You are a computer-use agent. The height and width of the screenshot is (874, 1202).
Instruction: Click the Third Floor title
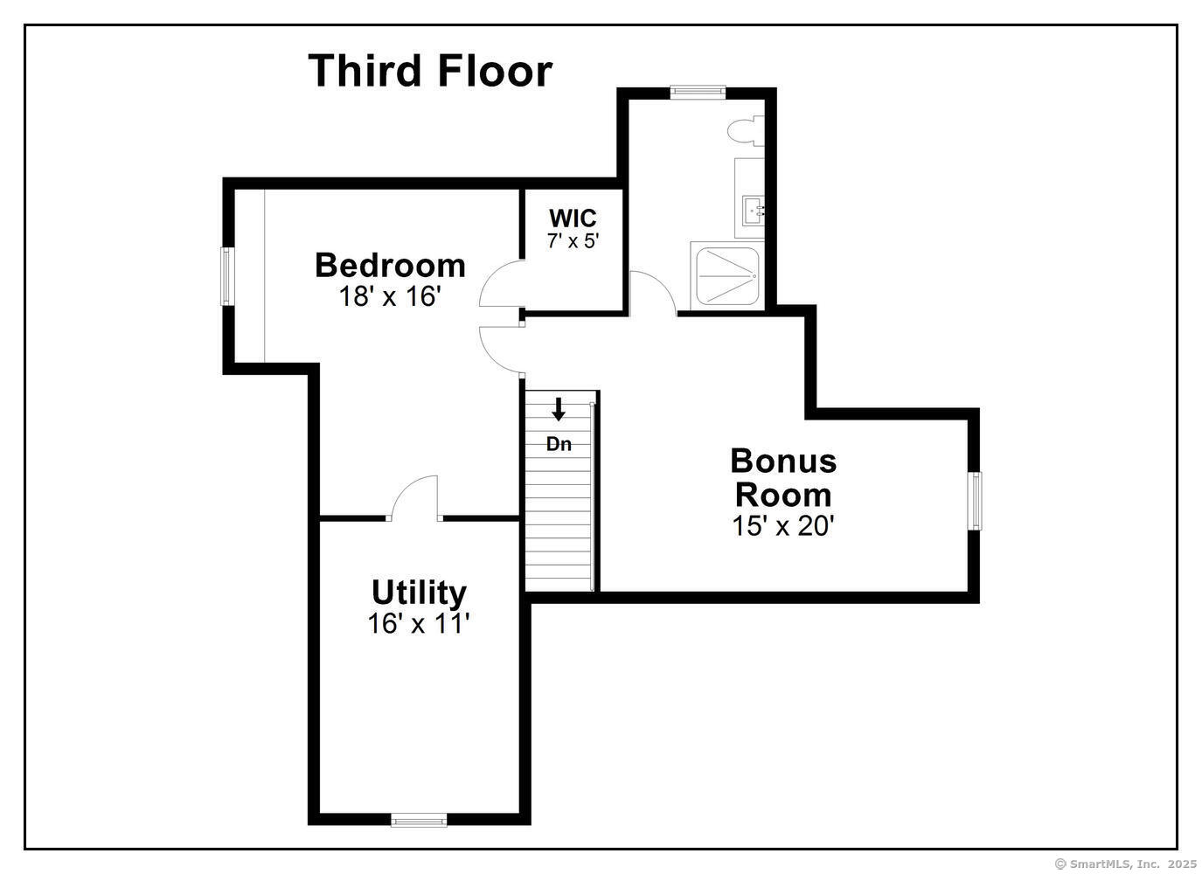tap(430, 71)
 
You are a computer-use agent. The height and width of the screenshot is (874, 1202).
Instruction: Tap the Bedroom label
tap(390, 265)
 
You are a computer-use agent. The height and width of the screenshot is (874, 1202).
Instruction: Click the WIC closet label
tap(573, 218)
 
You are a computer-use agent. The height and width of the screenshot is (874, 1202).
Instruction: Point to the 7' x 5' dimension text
tap(573, 240)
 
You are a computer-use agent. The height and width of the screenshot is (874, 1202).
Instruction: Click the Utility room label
tap(419, 593)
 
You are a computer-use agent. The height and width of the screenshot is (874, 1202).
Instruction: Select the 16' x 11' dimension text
tap(419, 624)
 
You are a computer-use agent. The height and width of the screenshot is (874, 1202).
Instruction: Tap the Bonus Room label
tap(783, 477)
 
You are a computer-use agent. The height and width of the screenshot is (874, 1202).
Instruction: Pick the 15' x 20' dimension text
tap(783, 525)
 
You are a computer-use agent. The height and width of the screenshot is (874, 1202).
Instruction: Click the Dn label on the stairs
tap(559, 444)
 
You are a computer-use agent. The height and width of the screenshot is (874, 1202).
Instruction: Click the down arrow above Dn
tap(559, 409)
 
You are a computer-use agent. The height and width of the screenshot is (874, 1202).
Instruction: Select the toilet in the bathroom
tap(746, 131)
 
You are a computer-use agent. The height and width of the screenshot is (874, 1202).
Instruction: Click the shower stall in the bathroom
tap(726, 274)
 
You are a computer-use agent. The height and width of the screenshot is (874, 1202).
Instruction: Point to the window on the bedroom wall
tap(226, 276)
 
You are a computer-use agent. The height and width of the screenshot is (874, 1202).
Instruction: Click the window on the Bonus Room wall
tap(975, 500)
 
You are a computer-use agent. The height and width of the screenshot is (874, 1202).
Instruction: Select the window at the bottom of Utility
tap(419, 820)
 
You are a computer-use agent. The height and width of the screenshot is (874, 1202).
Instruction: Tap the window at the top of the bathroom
tap(698, 90)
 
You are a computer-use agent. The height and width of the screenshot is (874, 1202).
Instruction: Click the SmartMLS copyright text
tap(1126, 864)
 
